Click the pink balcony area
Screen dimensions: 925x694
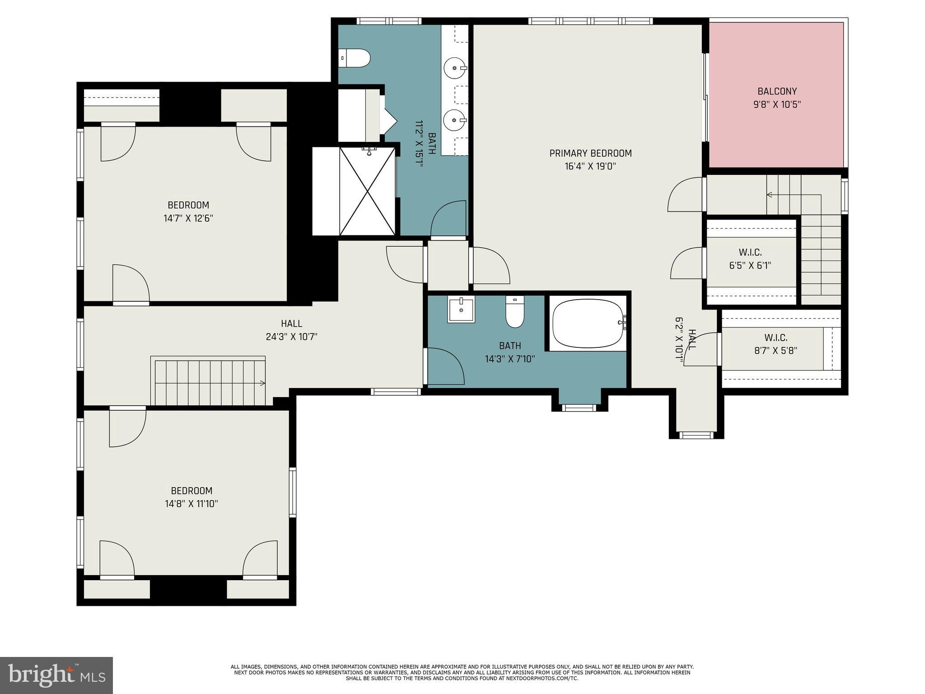[x=776, y=95]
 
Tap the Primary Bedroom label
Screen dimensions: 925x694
[x=590, y=153]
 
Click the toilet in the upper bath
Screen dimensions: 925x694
[x=355, y=58]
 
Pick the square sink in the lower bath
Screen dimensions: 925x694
[x=461, y=310]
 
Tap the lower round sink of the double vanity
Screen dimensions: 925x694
[x=455, y=120]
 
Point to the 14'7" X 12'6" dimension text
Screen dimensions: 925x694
[x=188, y=219]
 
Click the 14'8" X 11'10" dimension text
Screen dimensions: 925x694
[x=192, y=504]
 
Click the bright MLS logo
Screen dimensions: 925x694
[x=56, y=675]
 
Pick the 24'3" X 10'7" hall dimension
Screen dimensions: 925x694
[x=292, y=337]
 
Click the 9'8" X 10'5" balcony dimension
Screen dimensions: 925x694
[x=777, y=105]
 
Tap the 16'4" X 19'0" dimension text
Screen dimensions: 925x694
[x=590, y=166]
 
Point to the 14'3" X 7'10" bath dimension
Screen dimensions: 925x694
[x=510, y=359]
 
